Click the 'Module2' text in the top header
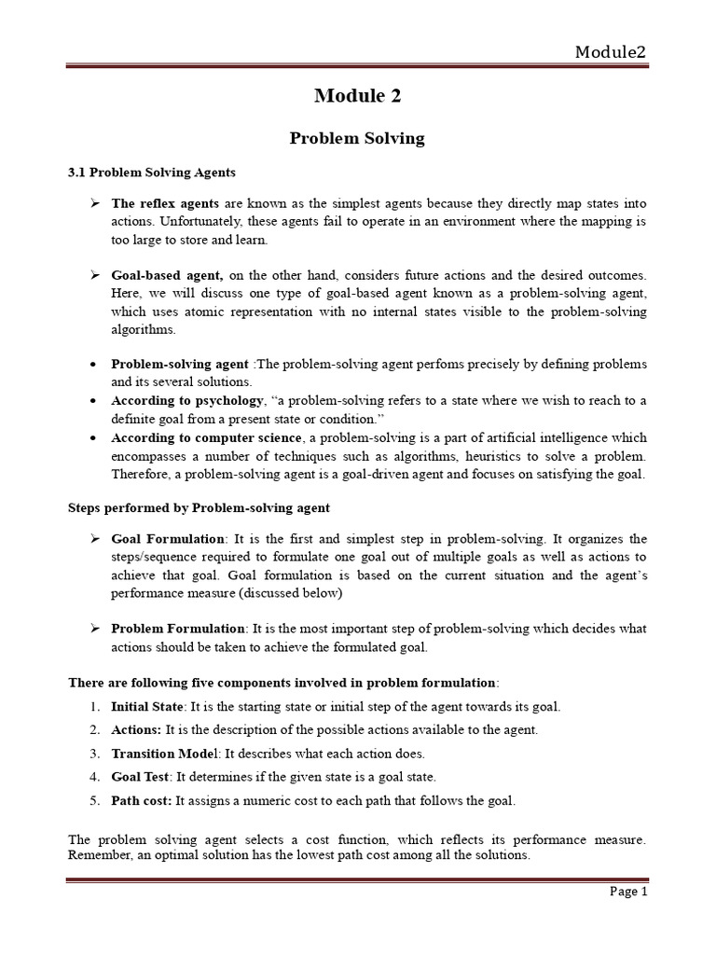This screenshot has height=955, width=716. [x=611, y=52]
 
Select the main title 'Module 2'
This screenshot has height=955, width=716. [x=357, y=95]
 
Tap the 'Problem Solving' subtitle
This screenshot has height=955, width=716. [x=357, y=138]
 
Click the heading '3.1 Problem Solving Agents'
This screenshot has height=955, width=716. [x=152, y=173]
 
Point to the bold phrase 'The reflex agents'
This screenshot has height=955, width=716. [x=165, y=203]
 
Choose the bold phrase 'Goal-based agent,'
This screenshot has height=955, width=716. [x=168, y=275]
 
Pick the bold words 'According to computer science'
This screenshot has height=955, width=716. [x=207, y=436]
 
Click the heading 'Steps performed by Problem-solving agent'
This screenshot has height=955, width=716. [x=199, y=507]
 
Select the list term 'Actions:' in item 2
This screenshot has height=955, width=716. [x=136, y=729]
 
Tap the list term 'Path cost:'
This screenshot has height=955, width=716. [x=142, y=800]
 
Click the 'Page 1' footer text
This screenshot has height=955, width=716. [x=628, y=892]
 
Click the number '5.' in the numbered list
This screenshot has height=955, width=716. [x=95, y=800]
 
